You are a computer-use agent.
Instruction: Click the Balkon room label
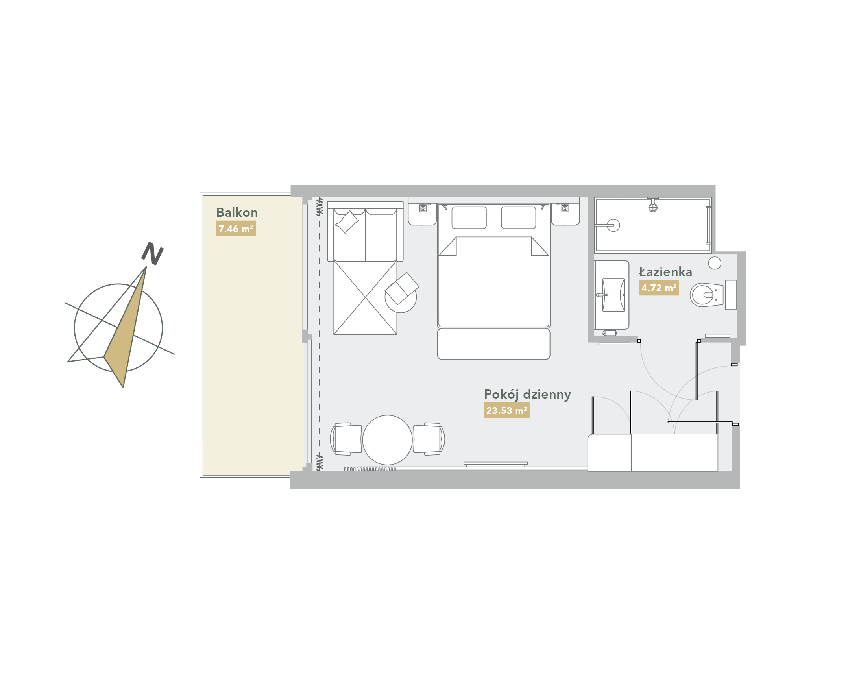[236, 213]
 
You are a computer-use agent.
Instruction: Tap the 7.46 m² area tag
[236, 229]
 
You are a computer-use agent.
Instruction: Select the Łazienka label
[665, 272]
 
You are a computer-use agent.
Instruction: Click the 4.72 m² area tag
[659, 288]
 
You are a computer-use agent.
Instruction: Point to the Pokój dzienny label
[527, 395]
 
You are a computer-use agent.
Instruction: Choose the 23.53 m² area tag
[507, 411]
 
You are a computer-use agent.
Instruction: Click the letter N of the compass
[152, 253]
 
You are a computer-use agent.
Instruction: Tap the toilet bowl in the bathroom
[707, 295]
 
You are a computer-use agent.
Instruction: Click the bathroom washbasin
[613, 295]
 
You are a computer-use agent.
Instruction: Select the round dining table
[387, 440]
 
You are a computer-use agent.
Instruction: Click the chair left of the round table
[346, 439]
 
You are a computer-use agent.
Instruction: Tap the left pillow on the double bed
[469, 218]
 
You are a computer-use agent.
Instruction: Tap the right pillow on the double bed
[519, 218]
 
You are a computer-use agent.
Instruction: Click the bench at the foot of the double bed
[493, 344]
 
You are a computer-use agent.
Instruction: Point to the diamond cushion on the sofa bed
[347, 222]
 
